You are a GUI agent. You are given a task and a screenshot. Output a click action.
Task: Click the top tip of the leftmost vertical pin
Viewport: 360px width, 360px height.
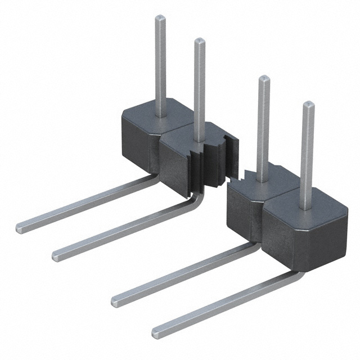[160, 18]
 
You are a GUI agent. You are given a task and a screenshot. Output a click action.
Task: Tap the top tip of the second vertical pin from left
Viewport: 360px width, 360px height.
[199, 41]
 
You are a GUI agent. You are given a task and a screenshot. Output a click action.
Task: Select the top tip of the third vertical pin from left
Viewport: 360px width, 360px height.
[264, 78]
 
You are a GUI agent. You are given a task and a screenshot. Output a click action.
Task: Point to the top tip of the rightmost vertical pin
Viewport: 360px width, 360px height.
[308, 105]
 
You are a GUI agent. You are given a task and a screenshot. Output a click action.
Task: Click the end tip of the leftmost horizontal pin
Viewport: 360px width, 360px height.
[20, 227]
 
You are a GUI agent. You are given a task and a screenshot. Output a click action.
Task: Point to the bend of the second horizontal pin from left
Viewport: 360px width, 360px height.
[194, 199]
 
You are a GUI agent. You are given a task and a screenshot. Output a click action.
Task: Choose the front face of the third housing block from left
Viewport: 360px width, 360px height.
[239, 217]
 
